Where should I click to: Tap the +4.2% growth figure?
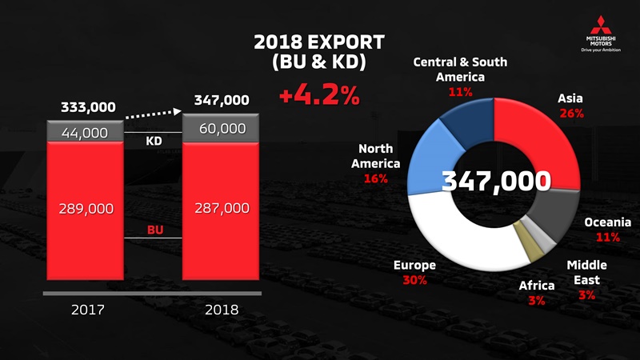pos(319,98)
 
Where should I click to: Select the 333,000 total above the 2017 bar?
pos(88,106)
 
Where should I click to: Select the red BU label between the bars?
pos(153,230)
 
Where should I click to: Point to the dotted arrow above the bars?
pos(154,114)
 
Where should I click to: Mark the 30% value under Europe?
pos(415,280)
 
